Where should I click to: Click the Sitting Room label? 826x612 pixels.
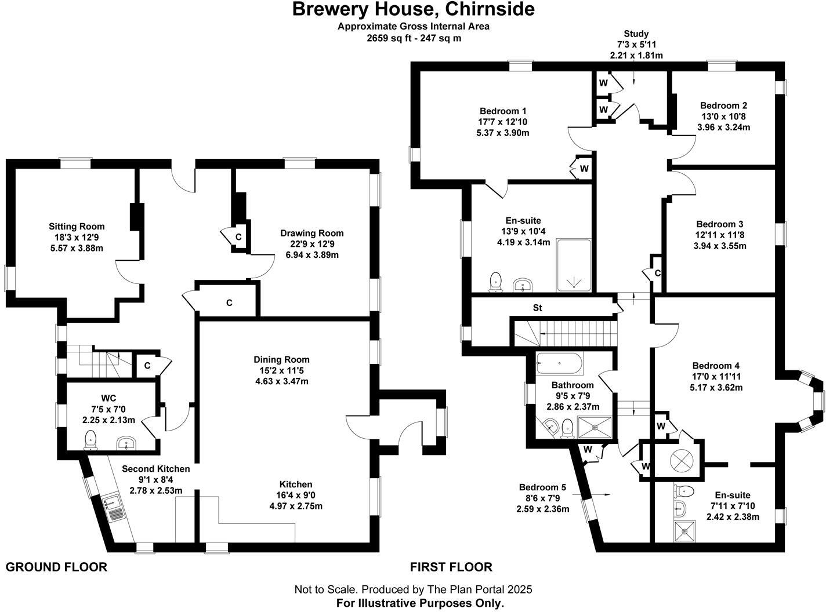77,227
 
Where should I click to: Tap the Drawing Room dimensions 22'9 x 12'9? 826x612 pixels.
311,244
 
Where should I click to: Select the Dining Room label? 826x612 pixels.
281,359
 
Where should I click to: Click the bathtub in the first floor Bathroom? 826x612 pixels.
560,363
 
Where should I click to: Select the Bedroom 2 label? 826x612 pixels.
723,105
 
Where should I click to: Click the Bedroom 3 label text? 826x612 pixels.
720,224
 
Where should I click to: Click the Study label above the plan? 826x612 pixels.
636,34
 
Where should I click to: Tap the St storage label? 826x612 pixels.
538,308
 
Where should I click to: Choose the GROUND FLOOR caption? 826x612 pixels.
56,567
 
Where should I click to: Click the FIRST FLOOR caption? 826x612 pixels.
451,567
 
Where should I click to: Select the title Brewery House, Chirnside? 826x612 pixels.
413,9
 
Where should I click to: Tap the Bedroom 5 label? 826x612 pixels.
542,487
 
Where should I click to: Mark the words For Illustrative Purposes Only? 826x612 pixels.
420,603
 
